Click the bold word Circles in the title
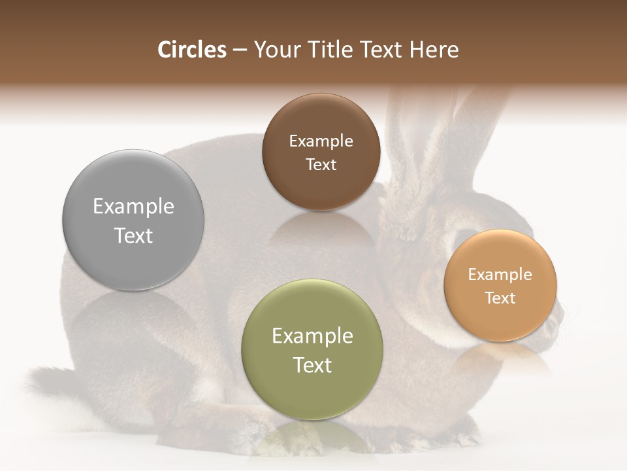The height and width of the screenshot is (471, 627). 191,50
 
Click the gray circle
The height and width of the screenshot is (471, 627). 133,220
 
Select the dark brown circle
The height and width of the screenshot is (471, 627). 321,152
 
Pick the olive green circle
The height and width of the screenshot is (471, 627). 312,349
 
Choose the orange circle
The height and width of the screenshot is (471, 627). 500,285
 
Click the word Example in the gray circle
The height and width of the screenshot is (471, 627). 133,207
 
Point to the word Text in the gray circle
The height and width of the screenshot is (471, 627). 133,235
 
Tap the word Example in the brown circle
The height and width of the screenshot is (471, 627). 321,141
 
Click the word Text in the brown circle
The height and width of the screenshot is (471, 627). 321,165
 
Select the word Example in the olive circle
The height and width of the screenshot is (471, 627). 312,336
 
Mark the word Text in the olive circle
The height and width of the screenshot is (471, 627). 312,365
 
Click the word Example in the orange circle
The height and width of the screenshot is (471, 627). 500,275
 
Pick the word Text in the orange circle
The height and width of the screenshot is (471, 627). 500,298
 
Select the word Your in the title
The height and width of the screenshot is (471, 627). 277,50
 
